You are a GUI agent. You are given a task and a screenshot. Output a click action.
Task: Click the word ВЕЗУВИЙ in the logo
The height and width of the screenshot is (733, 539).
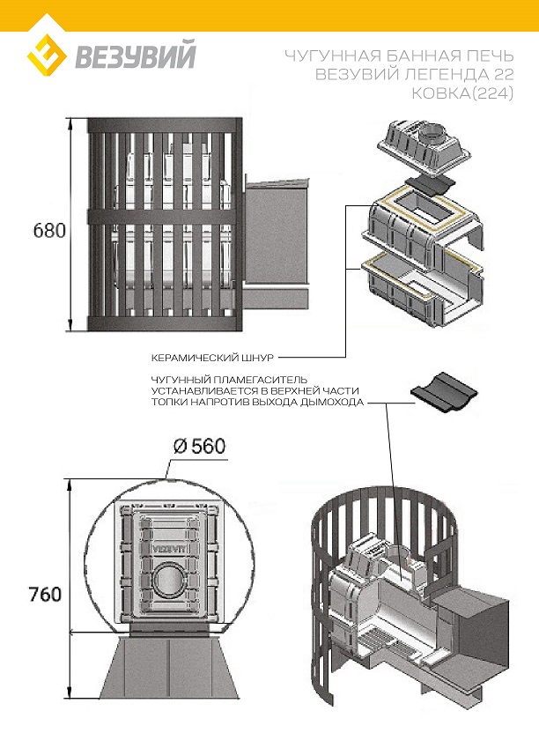click(x=136, y=58)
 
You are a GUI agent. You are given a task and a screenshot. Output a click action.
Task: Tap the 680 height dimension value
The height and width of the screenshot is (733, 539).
click(x=49, y=231)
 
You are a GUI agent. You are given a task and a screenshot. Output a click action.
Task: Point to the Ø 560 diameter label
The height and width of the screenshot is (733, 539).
click(x=200, y=446)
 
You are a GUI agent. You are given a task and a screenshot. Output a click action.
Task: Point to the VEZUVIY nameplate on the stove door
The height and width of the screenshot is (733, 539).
click(x=166, y=546)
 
